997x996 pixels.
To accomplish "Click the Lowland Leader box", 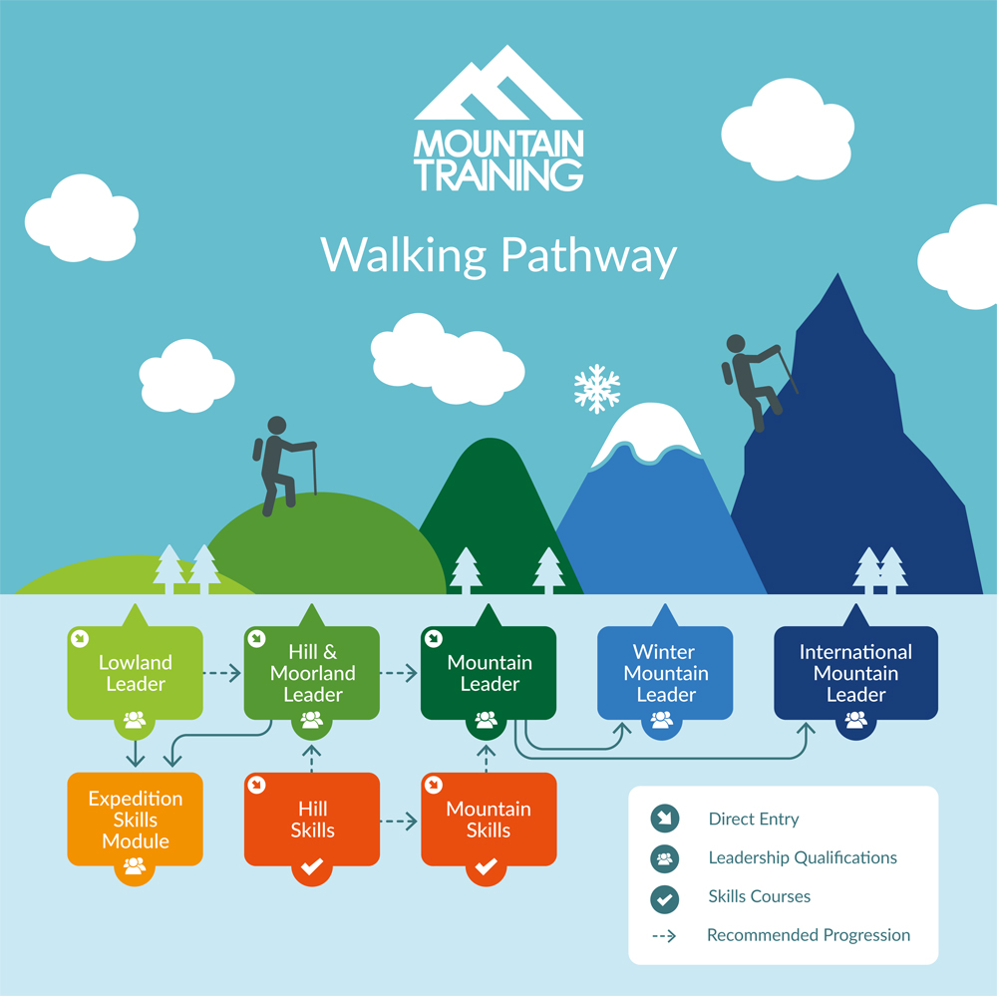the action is click(x=136, y=673).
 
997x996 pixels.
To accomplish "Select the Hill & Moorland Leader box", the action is click(x=312, y=673).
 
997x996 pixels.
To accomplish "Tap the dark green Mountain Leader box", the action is click(x=489, y=673).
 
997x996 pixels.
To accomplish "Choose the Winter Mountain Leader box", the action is click(x=665, y=673).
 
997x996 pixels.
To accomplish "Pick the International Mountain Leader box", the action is click(x=855, y=673).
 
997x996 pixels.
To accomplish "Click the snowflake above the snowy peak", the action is click(x=596, y=389).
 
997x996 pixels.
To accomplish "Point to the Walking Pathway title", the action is click(x=498, y=255).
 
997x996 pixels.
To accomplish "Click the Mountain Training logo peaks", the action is click(x=498, y=83).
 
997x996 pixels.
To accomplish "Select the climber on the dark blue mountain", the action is click(x=756, y=382).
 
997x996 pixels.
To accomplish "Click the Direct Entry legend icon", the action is click(x=664, y=819).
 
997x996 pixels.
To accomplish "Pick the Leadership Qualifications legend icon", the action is click(x=664, y=858).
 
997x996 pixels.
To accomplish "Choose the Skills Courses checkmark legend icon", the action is click(x=664, y=898).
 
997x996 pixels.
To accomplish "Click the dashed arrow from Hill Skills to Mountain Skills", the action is click(x=399, y=822).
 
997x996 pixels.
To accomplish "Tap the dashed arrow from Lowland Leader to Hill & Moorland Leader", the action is click(x=222, y=672).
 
